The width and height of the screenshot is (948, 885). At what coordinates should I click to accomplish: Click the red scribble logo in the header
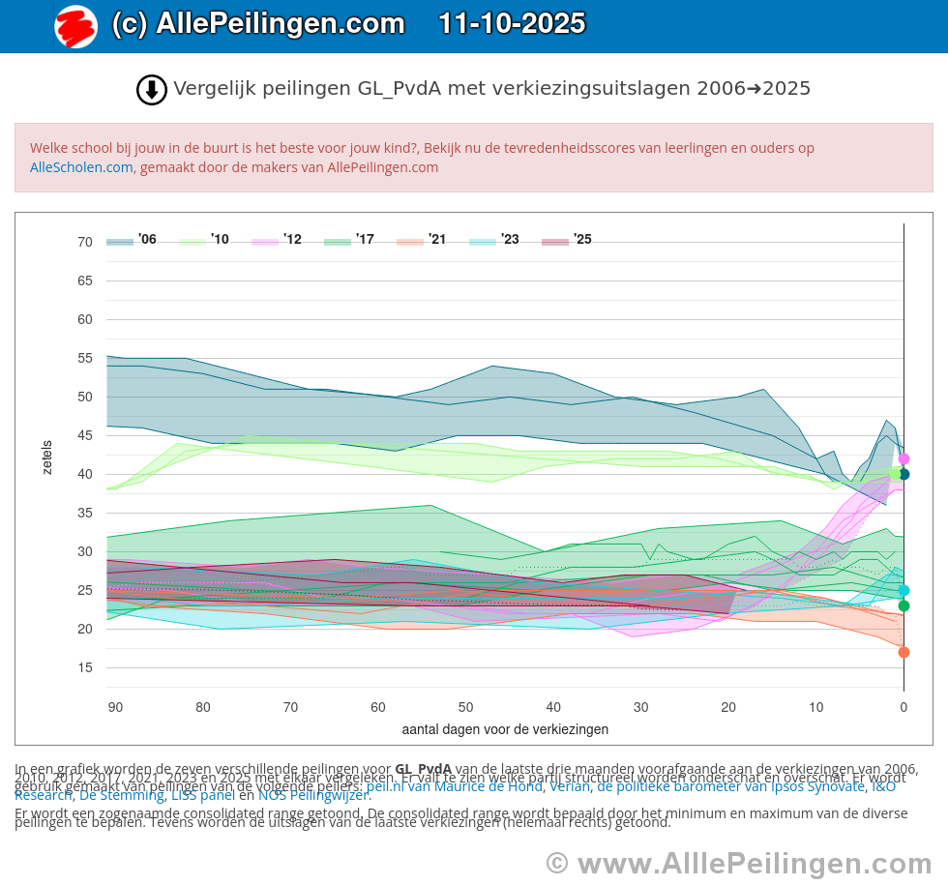(75, 26)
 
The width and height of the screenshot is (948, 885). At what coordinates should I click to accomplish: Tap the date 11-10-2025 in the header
(512, 23)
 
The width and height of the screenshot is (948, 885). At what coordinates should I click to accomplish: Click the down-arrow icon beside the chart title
(152, 90)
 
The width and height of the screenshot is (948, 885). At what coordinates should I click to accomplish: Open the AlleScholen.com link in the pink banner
(81, 167)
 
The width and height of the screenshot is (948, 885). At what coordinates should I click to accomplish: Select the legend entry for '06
(132, 240)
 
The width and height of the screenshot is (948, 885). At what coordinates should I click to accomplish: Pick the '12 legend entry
(277, 240)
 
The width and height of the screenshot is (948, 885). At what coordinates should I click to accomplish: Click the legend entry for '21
(422, 240)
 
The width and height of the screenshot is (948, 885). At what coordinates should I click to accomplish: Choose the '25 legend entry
(567, 240)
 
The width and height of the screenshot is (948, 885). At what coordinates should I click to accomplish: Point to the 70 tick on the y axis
(85, 242)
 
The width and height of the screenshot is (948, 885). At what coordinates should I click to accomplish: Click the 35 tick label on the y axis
(85, 513)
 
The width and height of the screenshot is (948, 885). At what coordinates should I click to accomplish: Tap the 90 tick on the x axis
(115, 707)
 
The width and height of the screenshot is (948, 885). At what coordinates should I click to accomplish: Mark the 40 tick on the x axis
(553, 707)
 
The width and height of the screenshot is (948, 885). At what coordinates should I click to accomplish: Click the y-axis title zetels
(47, 457)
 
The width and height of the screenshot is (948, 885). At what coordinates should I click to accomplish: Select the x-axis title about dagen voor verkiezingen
(505, 729)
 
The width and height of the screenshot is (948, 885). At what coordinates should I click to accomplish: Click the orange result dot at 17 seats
(904, 652)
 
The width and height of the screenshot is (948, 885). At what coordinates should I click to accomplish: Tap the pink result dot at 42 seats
(904, 458)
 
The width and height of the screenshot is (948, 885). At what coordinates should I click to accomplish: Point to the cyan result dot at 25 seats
(904, 590)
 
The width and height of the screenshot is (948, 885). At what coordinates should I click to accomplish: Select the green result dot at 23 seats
(904, 605)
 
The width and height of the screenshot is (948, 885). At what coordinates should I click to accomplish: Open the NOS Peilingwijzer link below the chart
(312, 795)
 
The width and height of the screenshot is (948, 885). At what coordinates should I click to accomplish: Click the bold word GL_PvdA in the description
(423, 769)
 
